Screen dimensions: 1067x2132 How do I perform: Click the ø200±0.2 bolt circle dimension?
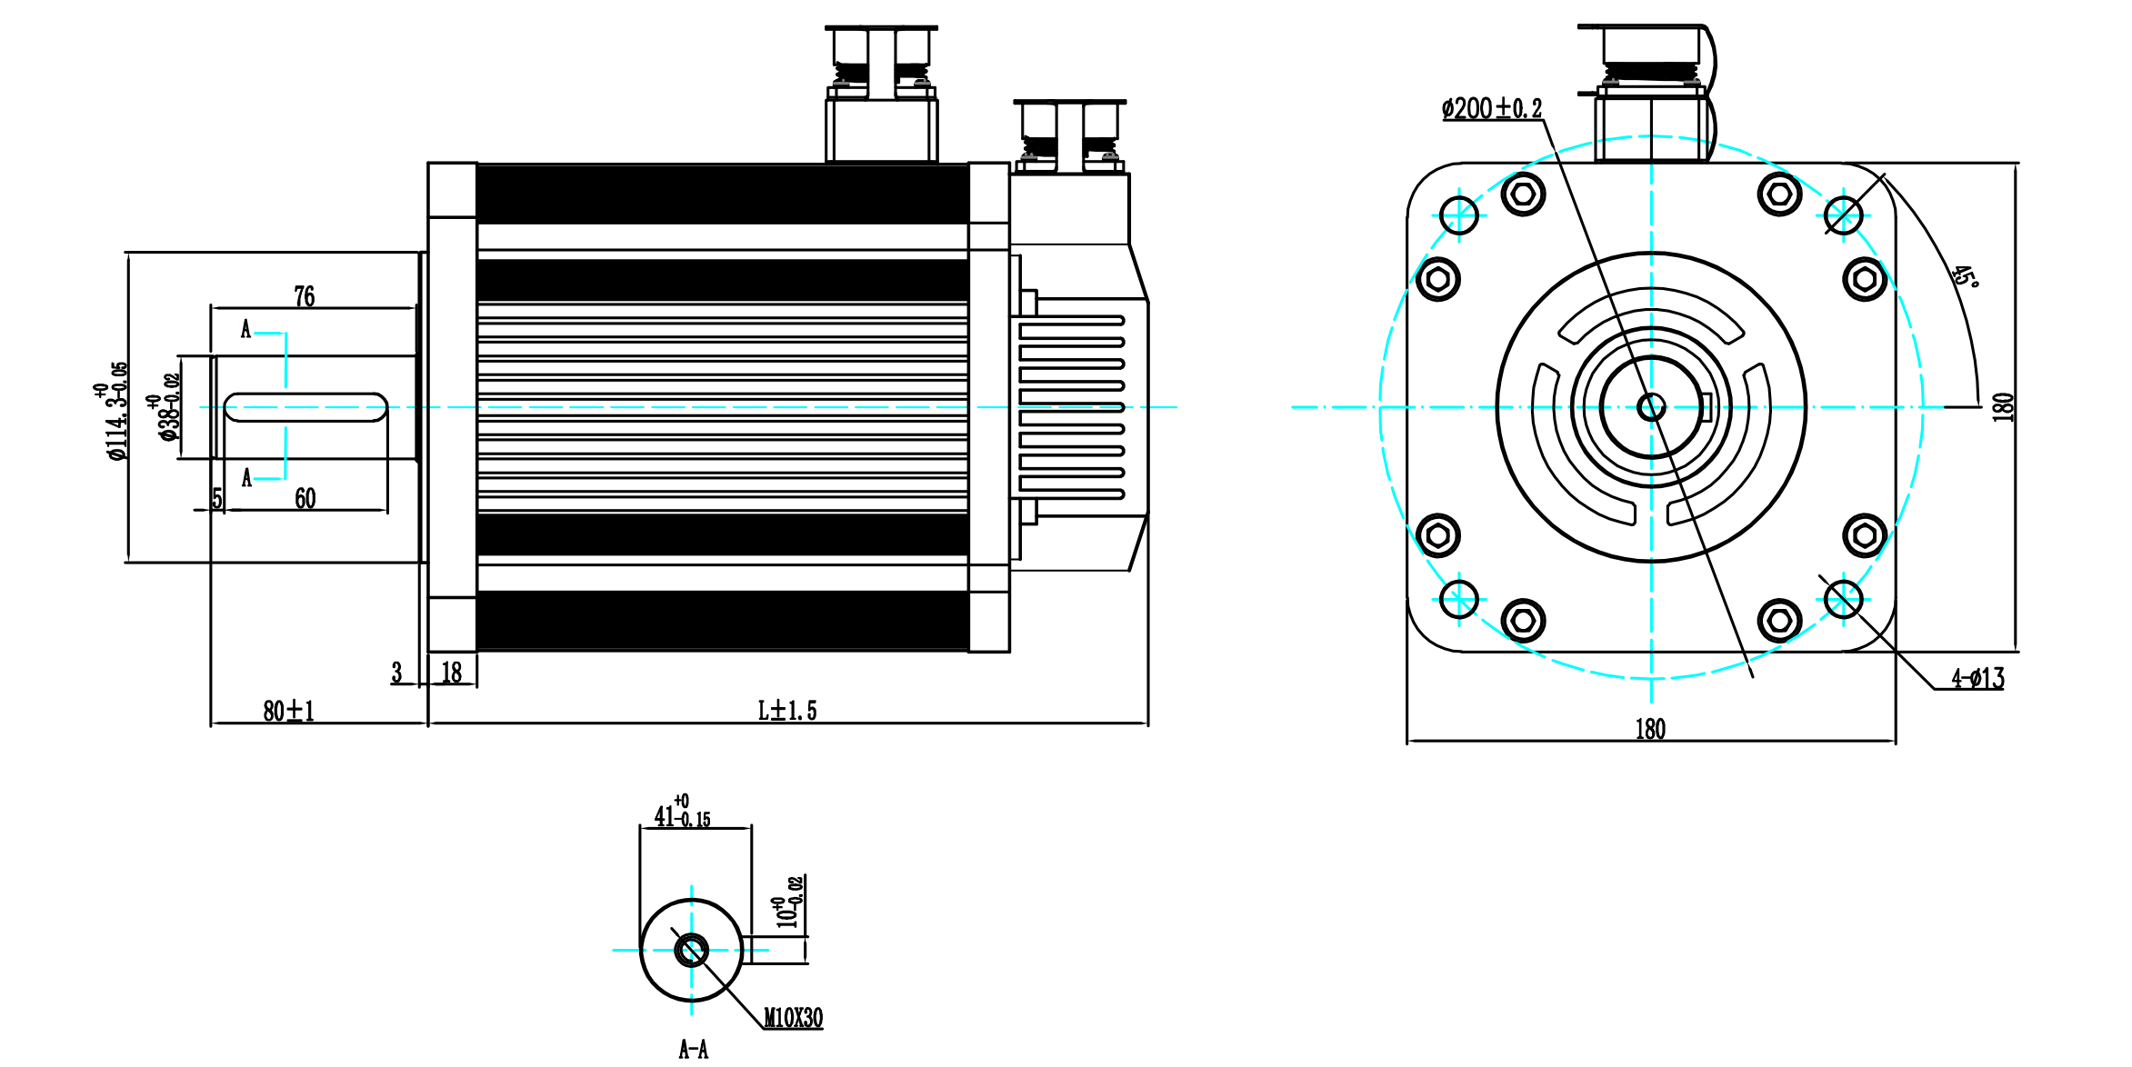[x=1492, y=109]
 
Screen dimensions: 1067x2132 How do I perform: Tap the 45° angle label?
[x=1965, y=276]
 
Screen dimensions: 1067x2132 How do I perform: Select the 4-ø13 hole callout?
[x=1977, y=678]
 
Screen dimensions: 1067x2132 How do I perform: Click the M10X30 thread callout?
[x=793, y=1018]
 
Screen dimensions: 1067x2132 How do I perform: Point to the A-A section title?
[x=693, y=1050]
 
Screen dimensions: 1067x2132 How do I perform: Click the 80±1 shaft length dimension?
[x=288, y=711]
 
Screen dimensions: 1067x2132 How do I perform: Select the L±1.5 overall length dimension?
[x=787, y=711]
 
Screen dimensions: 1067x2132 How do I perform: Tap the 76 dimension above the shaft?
[x=305, y=296]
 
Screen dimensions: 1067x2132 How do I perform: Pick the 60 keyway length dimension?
[x=305, y=498]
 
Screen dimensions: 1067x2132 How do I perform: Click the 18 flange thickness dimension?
[x=452, y=673]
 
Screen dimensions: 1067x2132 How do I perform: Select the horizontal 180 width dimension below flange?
[x=1650, y=729]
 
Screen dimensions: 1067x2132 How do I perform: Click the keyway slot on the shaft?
[x=305, y=407]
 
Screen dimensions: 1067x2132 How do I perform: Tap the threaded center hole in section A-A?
[x=691, y=951]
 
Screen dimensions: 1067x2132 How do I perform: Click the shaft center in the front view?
[x=1651, y=407]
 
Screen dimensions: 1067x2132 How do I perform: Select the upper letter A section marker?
[x=245, y=329]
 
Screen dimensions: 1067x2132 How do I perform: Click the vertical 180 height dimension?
[x=2003, y=406]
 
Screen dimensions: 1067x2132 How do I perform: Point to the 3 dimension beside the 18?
[x=396, y=673]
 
